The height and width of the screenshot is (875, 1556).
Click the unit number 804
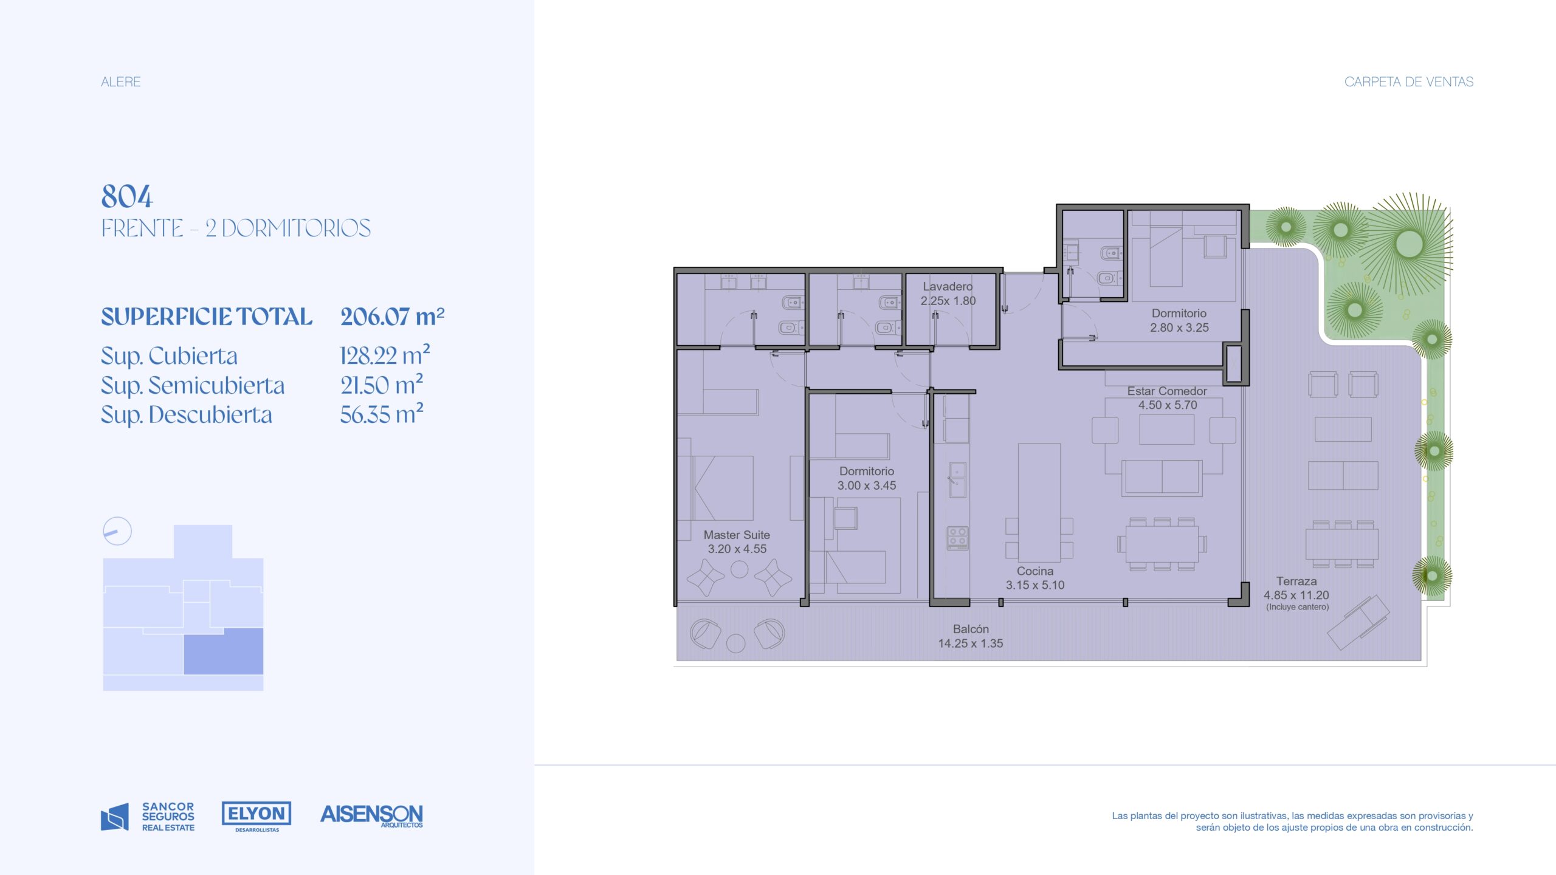click(127, 196)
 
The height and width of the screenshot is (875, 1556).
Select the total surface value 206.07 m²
click(393, 317)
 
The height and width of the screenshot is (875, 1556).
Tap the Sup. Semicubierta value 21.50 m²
click(382, 385)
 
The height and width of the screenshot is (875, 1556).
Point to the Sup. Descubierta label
click(187, 414)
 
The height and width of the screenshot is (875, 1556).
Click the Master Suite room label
click(737, 535)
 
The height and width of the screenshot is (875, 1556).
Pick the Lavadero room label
click(948, 286)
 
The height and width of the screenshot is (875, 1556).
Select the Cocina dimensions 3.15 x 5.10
click(1035, 585)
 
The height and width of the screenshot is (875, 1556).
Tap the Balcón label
click(971, 629)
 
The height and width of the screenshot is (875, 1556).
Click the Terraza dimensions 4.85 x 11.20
click(1296, 595)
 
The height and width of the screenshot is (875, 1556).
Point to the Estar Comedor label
click(1167, 391)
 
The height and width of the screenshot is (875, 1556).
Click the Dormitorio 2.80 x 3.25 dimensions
click(1179, 328)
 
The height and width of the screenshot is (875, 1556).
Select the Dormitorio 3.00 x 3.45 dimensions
click(867, 486)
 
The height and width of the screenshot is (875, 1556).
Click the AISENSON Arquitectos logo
click(371, 815)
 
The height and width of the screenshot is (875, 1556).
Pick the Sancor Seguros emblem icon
click(115, 817)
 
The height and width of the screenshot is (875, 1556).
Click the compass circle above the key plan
click(117, 531)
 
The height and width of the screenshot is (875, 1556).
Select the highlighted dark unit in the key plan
click(224, 651)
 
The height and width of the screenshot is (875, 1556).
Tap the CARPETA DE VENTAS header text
click(1409, 81)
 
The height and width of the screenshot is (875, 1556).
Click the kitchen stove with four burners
click(957, 538)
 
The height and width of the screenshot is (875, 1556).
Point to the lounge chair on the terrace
click(1358, 622)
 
